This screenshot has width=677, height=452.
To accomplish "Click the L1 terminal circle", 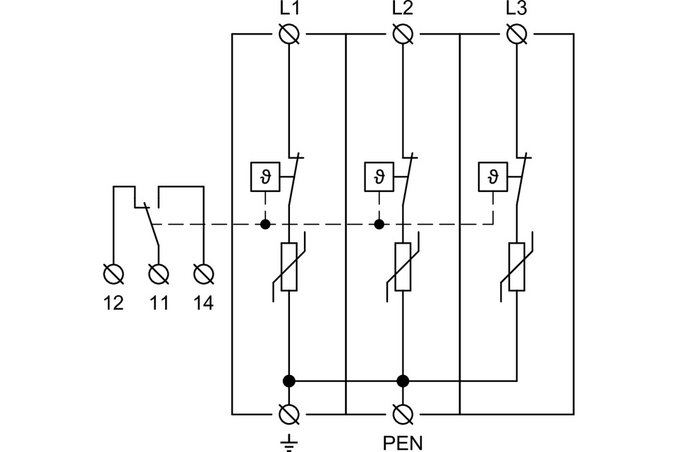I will tap(289, 33).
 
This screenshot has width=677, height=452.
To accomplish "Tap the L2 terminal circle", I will tap(403, 33).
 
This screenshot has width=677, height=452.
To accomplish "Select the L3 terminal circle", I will tap(517, 33).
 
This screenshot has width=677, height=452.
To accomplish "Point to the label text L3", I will tap(517, 11).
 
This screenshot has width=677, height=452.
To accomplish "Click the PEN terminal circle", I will tap(403, 412).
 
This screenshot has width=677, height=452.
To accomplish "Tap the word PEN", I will tap(403, 443).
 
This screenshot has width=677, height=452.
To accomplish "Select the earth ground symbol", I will tap(289, 442).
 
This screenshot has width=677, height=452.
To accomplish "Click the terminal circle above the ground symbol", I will tap(289, 412).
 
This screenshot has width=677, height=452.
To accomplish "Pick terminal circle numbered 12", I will tap(113, 273).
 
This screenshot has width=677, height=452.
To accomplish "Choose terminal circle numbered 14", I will tap(203, 273).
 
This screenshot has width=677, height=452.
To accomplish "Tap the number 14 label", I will tap(203, 304).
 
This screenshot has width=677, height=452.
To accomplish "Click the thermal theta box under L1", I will tap(265, 176).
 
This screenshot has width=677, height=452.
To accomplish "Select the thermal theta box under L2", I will tap(379, 176).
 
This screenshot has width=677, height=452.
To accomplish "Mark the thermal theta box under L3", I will tap(493, 176).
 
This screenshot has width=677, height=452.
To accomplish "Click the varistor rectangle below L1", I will tap(289, 267).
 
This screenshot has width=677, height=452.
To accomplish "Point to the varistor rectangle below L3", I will tap(517, 267).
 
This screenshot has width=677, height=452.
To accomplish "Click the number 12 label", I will tap(113, 304).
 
